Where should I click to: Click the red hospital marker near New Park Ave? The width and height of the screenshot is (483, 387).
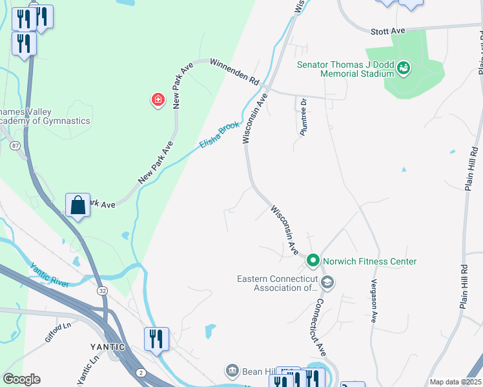(x=157, y=99)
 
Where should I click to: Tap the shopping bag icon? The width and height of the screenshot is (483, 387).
(x=77, y=206)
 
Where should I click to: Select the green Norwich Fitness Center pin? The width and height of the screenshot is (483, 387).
(x=313, y=261)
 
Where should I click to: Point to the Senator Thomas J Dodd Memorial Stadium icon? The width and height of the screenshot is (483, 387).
(x=404, y=67)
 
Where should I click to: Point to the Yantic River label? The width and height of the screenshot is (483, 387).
(x=49, y=273)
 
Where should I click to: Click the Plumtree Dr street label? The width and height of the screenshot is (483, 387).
(x=302, y=116)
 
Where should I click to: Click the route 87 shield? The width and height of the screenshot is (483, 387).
(x=15, y=146)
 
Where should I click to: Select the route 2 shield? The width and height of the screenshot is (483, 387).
(x=141, y=373)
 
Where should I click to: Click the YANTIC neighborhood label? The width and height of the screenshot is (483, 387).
(x=107, y=346)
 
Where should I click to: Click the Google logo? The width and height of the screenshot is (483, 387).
(x=21, y=379)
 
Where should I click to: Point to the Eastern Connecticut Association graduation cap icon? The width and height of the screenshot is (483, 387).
(x=327, y=283)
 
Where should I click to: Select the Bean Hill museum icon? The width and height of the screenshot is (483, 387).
(x=231, y=370)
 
